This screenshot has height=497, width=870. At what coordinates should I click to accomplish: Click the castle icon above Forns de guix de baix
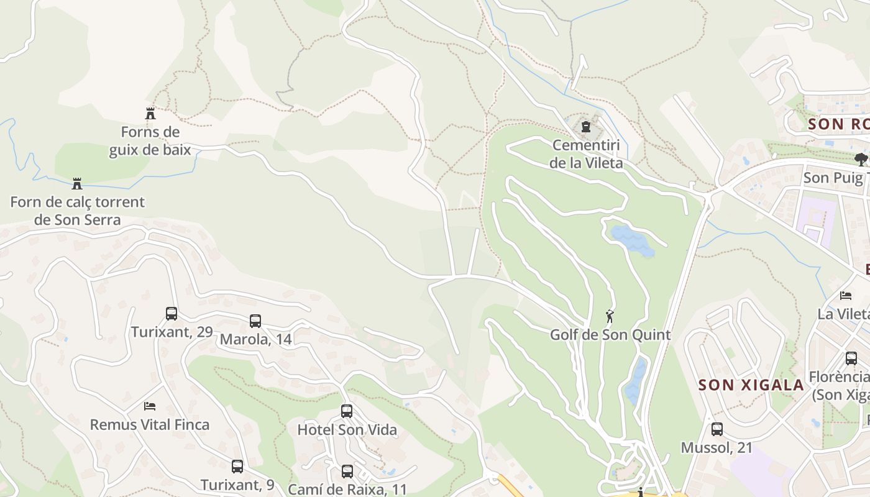[150, 114]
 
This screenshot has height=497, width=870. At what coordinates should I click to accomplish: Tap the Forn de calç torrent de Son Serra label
[77, 211]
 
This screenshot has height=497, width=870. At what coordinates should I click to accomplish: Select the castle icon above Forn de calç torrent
[77, 184]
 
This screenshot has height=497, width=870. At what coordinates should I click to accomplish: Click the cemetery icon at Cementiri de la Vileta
[585, 127]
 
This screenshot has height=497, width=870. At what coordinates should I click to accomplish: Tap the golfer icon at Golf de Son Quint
[610, 316]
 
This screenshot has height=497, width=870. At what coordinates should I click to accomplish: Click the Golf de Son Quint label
[610, 335]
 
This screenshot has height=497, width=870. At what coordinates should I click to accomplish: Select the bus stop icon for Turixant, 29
[172, 314]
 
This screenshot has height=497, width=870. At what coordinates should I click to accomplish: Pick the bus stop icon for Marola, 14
[255, 321]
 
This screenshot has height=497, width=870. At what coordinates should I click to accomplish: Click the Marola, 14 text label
[255, 339]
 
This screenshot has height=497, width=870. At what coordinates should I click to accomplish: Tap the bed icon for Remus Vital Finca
[150, 406]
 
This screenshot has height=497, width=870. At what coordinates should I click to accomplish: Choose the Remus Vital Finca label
[150, 425]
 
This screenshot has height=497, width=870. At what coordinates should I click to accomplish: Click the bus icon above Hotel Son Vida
[347, 411]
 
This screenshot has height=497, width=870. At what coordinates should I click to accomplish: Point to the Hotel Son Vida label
[347, 429]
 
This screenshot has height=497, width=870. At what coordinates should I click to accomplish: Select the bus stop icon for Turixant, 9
[237, 467]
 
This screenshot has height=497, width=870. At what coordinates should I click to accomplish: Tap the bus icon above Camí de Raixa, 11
[347, 472]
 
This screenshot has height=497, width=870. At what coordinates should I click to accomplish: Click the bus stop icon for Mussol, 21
[717, 429]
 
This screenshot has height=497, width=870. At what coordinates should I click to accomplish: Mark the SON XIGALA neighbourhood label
[751, 385]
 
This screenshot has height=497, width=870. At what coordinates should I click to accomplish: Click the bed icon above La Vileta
[846, 295]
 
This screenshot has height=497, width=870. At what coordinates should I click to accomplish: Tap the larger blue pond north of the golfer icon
[632, 240]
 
